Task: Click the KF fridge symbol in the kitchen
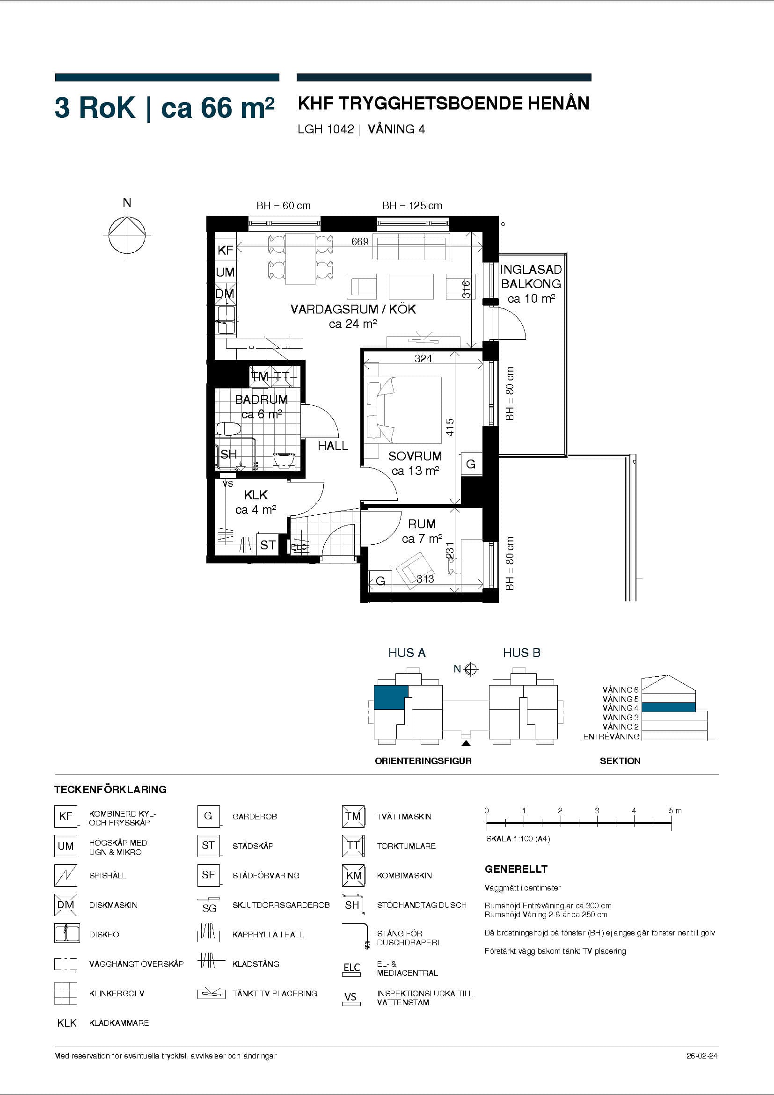coord(225,250)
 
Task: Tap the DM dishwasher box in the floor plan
coord(225,294)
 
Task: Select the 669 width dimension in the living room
coord(359,242)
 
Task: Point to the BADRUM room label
coord(261,399)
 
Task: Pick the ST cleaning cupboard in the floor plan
coord(268,545)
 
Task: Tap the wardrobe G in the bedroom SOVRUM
coord(471,464)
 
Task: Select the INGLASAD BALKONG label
coord(531,277)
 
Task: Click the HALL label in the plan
coord(333,446)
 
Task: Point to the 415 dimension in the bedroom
coord(450,427)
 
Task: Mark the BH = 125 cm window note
coord(412,205)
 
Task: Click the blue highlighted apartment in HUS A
coord(391,697)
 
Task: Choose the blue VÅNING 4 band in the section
coord(668,707)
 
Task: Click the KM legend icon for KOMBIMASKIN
coord(353,876)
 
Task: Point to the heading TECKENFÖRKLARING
coord(110,789)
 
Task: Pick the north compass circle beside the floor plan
coord(127,235)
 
